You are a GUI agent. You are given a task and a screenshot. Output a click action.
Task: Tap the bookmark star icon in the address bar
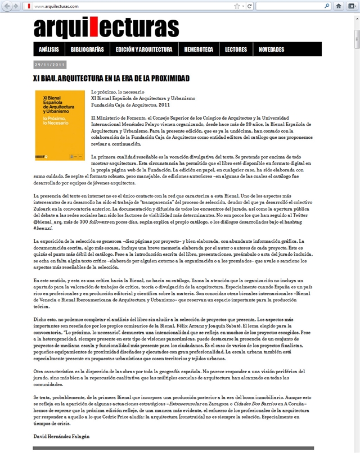click(x=236, y=6)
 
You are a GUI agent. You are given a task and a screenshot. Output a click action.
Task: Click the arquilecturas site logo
click(x=106, y=27)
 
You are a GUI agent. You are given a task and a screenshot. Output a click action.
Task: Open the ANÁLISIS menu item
click(x=49, y=49)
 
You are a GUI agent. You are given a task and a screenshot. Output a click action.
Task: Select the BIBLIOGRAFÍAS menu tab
click(x=87, y=49)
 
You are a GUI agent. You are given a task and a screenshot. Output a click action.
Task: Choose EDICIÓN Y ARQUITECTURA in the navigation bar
click(x=144, y=49)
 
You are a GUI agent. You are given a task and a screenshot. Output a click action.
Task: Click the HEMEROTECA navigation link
click(x=199, y=49)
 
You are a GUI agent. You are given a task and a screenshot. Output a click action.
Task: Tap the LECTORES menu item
click(x=236, y=49)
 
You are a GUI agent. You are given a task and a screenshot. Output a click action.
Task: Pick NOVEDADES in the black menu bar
click(x=271, y=49)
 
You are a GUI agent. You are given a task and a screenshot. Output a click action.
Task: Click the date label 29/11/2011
click(x=50, y=64)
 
